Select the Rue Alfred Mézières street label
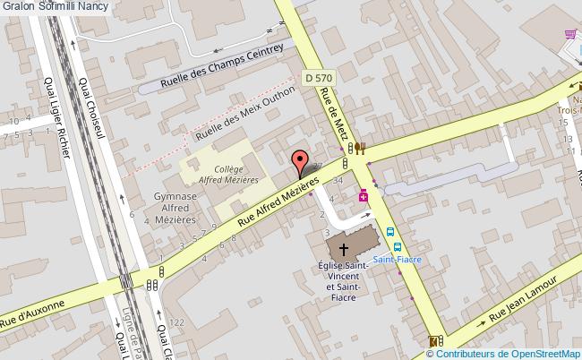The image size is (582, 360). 278,201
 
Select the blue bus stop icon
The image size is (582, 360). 391,232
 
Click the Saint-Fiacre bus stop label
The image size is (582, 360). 397,259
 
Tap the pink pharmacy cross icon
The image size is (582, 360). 364,195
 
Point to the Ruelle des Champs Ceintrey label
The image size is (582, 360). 221,67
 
